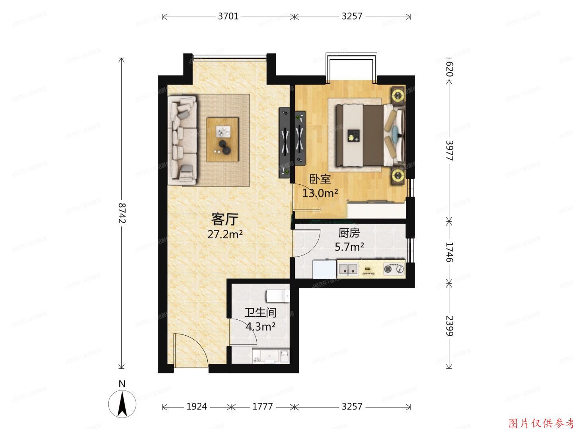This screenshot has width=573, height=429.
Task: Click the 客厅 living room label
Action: [x=225, y=219]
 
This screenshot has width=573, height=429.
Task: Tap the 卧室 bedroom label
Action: [x=320, y=179]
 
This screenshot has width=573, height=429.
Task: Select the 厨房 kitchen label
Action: [x=349, y=233]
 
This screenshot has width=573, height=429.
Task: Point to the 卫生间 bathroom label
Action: [x=261, y=313]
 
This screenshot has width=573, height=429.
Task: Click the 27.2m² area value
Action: [x=225, y=234]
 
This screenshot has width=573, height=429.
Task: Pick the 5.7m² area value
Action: [x=349, y=247]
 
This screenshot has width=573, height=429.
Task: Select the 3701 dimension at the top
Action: [x=228, y=16]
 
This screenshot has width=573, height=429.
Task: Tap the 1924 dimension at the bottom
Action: [x=197, y=406]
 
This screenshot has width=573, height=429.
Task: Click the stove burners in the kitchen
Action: [x=394, y=269]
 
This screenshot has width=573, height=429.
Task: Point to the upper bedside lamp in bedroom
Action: [x=398, y=95]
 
